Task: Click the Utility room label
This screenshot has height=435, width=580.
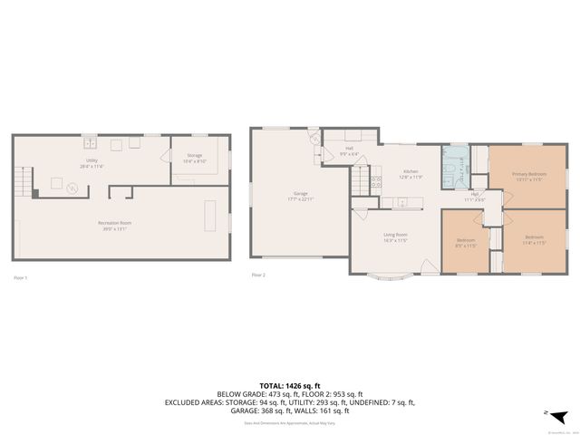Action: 92,162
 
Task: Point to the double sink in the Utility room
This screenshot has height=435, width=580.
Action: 91,142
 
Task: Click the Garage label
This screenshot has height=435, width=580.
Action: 300,194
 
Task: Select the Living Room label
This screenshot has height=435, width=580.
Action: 395,236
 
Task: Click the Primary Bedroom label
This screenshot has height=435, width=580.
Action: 528,174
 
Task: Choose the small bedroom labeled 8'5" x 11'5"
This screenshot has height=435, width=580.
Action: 465,243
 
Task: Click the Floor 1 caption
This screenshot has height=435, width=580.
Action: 20,277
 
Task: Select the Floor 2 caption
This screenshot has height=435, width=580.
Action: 258,275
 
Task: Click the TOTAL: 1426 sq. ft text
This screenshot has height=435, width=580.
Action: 289,384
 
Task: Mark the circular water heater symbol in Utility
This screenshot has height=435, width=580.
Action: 73,188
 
